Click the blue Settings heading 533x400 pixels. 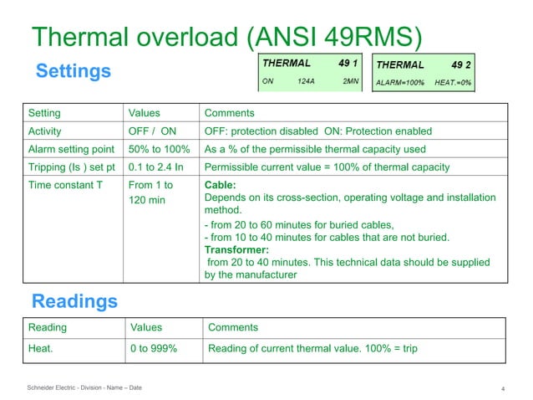pyautogui.click(x=73, y=71)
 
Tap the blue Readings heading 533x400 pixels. pyautogui.click(x=74, y=300)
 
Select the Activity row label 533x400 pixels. pyautogui.click(x=45, y=131)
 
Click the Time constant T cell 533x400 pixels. pyautogui.click(x=65, y=185)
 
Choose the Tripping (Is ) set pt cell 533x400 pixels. pyautogui.click(x=72, y=167)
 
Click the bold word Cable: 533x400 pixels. pyautogui.click(x=221, y=185)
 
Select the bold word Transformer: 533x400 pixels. pyautogui.click(x=236, y=249)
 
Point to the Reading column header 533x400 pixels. pyautogui.click(x=48, y=327)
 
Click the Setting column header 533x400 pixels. pyautogui.click(x=44, y=112)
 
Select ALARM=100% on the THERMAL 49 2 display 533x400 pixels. pyautogui.click(x=401, y=83)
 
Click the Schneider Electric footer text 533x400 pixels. pyautogui.click(x=84, y=387)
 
